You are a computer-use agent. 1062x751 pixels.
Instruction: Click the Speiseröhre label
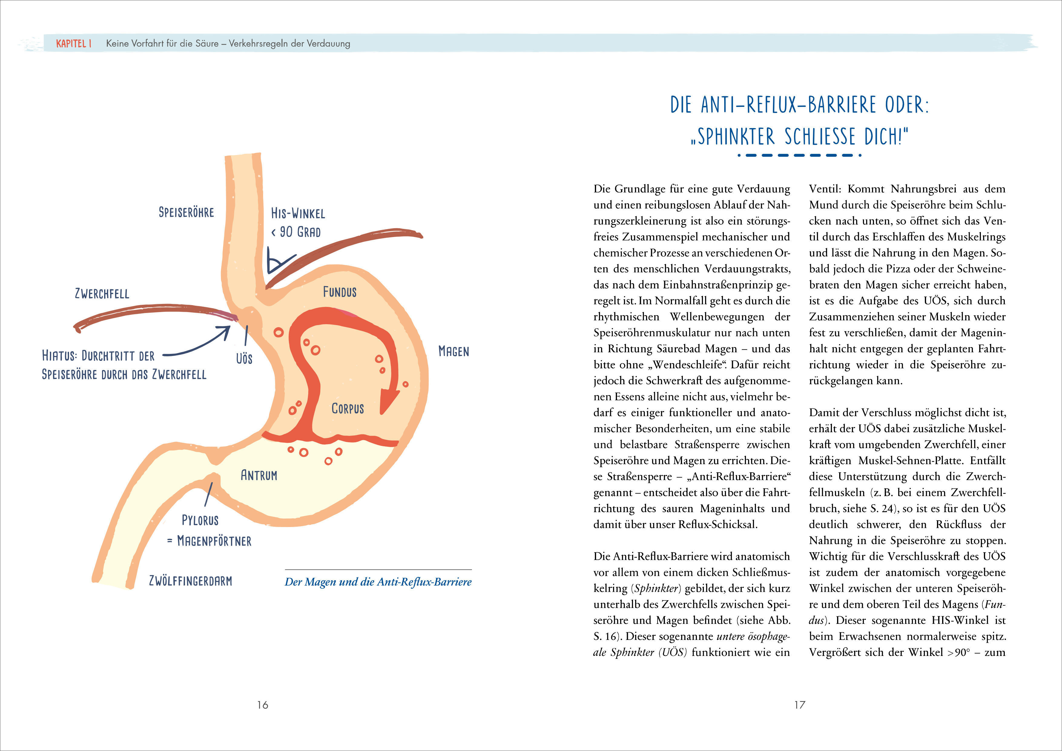pos(186,212)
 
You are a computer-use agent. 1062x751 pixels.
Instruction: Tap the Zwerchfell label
pos(102,294)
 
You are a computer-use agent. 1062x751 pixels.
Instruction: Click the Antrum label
pos(259,475)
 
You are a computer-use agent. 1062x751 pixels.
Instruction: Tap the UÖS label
pos(244,358)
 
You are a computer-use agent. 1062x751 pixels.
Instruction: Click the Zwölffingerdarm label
pos(190,581)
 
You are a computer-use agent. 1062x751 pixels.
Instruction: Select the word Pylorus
pos(200,520)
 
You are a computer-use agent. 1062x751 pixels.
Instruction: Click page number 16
pos(262,705)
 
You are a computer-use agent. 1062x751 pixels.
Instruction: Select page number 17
pos(800,705)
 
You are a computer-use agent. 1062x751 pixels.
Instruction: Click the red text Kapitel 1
pos(74,44)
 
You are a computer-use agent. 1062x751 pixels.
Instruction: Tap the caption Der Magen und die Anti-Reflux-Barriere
pos(378,582)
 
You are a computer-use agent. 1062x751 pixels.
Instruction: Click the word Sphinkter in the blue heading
pos(735,137)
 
